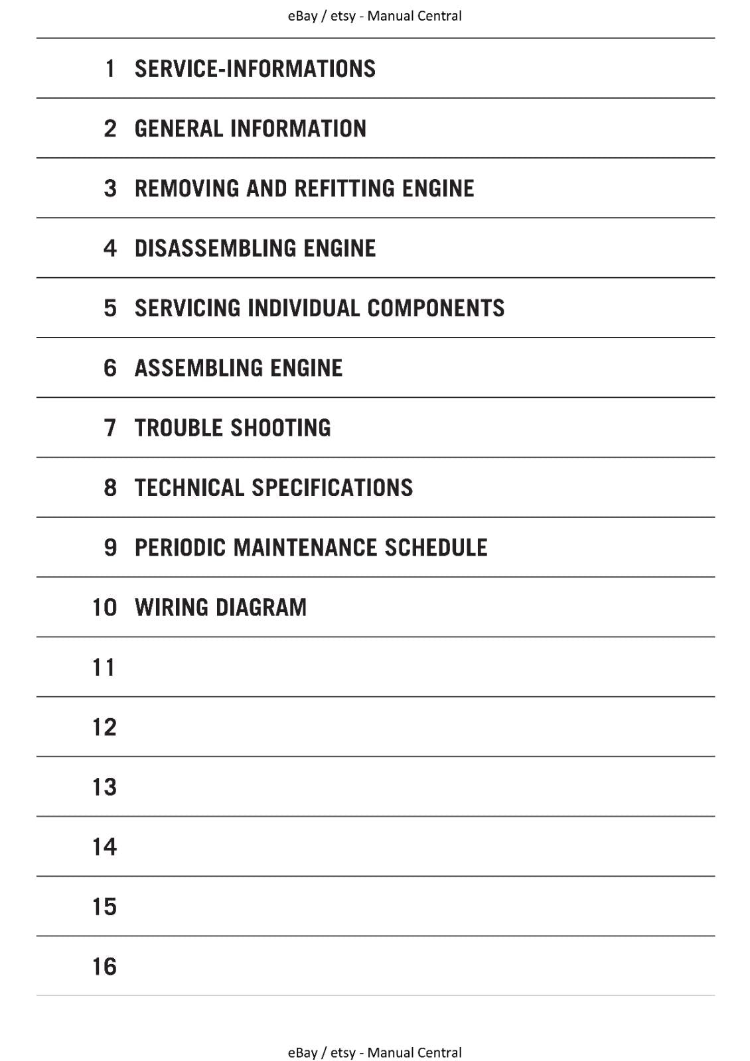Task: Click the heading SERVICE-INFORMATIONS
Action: pyautogui.click(x=255, y=69)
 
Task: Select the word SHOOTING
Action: pyautogui.click(x=282, y=428)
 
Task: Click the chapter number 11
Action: pyautogui.click(x=104, y=668)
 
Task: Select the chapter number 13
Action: pyautogui.click(x=104, y=787)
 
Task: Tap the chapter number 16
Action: pyautogui.click(x=104, y=967)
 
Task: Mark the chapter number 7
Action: pyautogui.click(x=110, y=428)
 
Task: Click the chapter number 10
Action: pyautogui.click(x=104, y=607)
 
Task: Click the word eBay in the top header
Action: pyautogui.click(x=302, y=16)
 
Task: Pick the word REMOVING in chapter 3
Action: pyautogui.click(x=187, y=188)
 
